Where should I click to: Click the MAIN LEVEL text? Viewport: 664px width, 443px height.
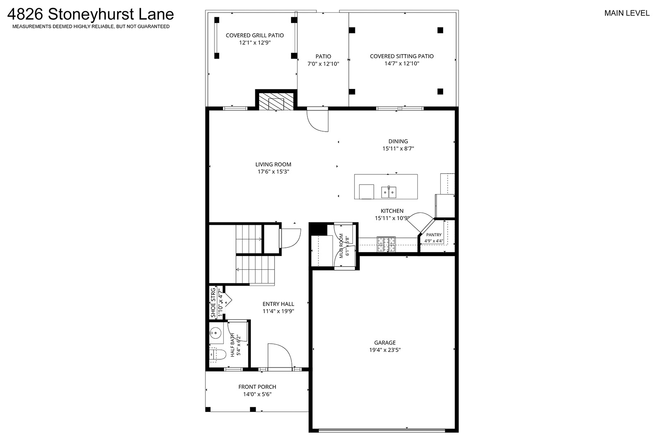[x=627, y=14]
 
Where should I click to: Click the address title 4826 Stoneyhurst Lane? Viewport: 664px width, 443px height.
[x=91, y=14]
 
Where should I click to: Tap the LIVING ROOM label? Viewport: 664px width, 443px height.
[x=273, y=164]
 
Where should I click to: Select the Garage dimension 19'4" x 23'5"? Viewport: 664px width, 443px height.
[x=385, y=350]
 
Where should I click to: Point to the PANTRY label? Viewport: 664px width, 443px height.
[x=434, y=235]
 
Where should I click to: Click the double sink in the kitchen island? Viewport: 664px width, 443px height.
[x=389, y=192]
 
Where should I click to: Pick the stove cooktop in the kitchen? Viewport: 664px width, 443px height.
[x=386, y=244]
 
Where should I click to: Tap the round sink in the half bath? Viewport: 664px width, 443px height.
[x=216, y=332]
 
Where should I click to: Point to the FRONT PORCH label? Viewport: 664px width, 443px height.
[x=257, y=387]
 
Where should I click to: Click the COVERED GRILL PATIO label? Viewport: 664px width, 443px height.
[x=255, y=35]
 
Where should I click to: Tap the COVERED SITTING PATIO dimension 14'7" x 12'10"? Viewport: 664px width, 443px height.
[x=402, y=64]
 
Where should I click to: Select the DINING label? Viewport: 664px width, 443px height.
[x=398, y=142]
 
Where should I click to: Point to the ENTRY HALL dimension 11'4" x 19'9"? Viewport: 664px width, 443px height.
[x=278, y=311]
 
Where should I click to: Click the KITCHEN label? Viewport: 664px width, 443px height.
[x=392, y=211]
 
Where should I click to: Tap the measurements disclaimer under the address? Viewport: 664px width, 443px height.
[x=91, y=26]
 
